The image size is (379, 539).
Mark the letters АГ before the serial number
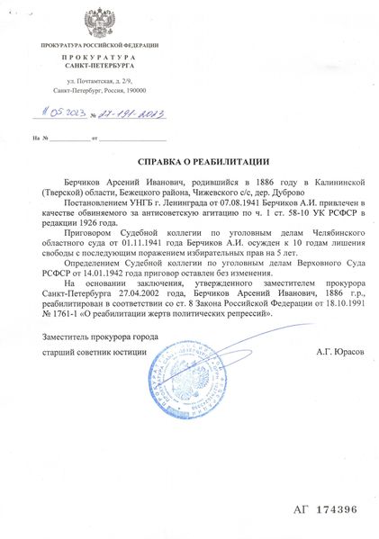(x=300, y=508)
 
